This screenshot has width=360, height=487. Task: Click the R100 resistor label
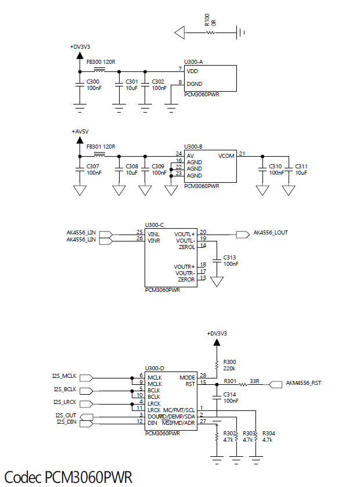pyautogui.click(x=207, y=20)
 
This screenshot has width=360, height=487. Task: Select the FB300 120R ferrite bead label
pyautogui.click(x=101, y=61)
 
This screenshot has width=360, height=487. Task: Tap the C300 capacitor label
pyautogui.click(x=93, y=82)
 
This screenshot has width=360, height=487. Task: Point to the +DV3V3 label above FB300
pyautogui.click(x=80, y=46)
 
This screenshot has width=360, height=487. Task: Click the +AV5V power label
pyautogui.click(x=80, y=132)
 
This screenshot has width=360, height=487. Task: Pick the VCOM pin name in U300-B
pyautogui.click(x=226, y=156)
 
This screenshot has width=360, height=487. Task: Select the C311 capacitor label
pyautogui.click(x=301, y=167)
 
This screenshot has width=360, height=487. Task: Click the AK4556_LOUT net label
pyautogui.click(x=271, y=233)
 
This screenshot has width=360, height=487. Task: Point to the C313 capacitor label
pyautogui.click(x=230, y=258)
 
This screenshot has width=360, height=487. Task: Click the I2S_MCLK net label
pyautogui.click(x=64, y=376)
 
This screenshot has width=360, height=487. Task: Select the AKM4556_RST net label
pyautogui.click(x=304, y=383)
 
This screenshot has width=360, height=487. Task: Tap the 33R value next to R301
pyautogui.click(x=254, y=381)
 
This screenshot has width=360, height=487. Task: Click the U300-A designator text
pyautogui.click(x=193, y=62)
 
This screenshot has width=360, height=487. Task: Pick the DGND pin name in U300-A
pyautogui.click(x=195, y=84)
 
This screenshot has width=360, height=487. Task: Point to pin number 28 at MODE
pyautogui.click(x=203, y=376)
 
